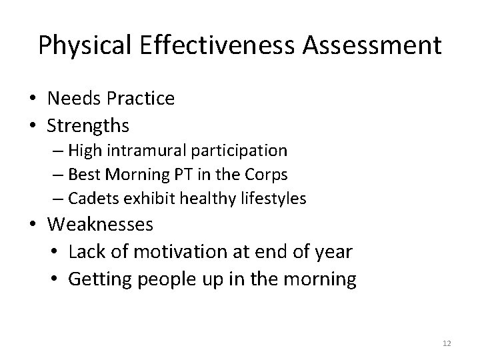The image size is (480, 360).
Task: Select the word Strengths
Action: click(x=89, y=125)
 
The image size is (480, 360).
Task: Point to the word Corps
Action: click(x=268, y=175)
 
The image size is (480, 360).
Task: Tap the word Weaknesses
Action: click(x=100, y=225)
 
